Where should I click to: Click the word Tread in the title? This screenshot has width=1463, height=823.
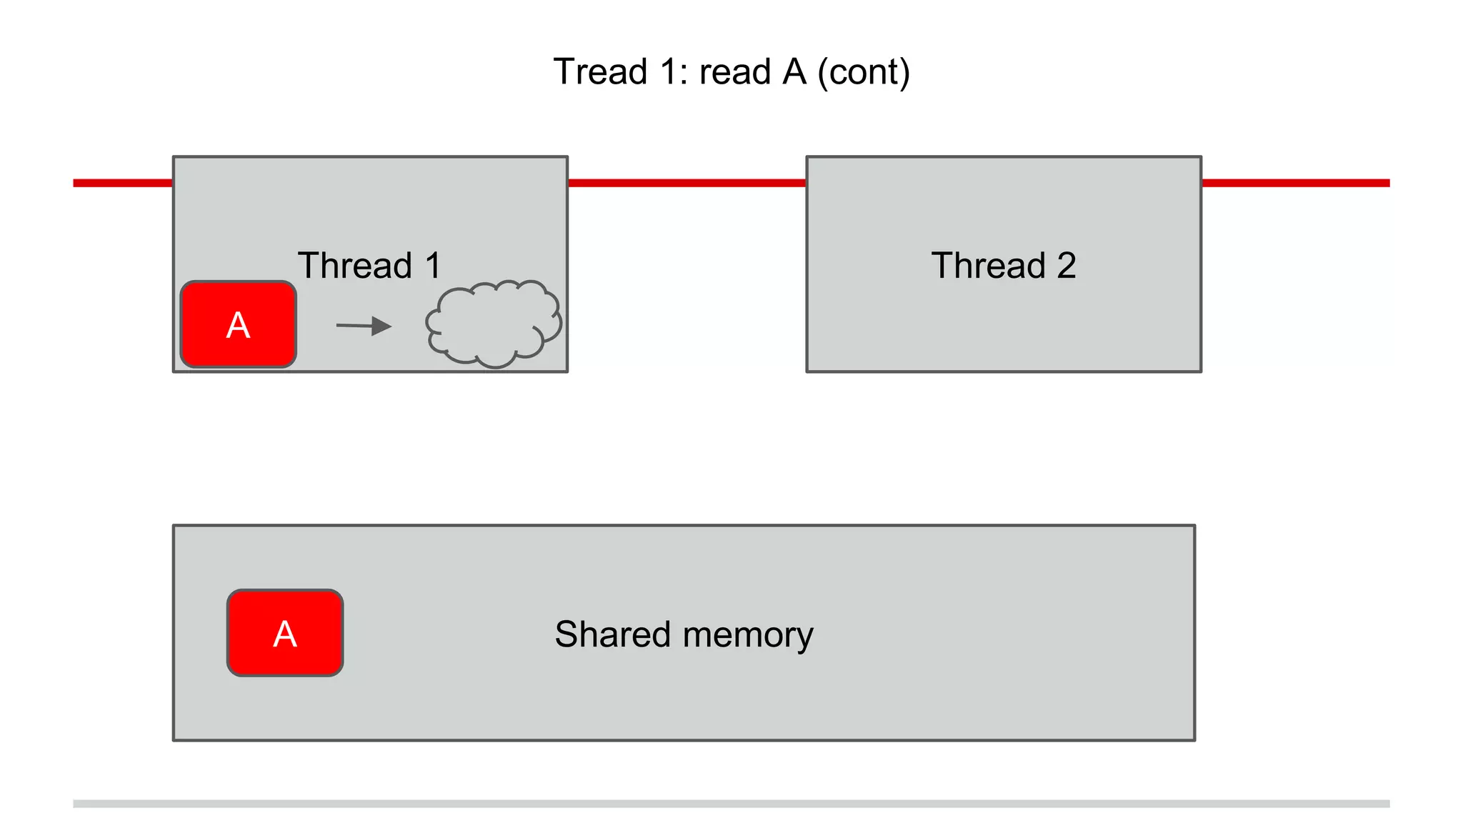(600, 72)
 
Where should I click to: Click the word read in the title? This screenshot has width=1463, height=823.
(735, 72)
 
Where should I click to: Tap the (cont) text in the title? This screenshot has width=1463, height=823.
(864, 72)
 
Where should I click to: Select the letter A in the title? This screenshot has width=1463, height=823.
(794, 72)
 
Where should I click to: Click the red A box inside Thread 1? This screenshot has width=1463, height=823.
(238, 325)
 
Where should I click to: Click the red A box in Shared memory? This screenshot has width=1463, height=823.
(285, 633)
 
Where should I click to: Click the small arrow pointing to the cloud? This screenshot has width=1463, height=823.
(364, 326)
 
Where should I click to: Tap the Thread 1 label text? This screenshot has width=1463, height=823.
(369, 266)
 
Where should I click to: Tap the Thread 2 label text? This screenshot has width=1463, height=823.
(1003, 266)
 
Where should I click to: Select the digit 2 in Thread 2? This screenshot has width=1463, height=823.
(1066, 266)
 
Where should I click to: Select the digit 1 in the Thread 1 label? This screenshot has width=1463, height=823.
(433, 266)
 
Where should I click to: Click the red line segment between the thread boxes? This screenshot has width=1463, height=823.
(686, 184)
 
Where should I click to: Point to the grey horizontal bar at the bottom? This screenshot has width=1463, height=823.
(731, 804)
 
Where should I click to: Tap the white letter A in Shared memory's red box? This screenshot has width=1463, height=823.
(285, 634)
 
